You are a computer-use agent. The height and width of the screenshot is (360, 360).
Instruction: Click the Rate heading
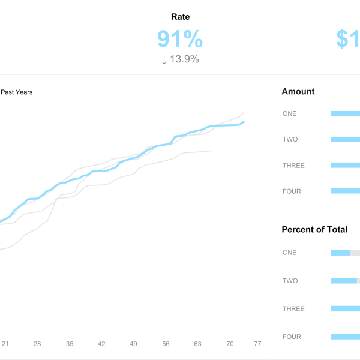(x=180, y=17)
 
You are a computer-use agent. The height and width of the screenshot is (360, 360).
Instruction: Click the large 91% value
(x=180, y=39)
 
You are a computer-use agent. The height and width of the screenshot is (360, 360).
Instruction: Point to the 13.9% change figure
(x=185, y=59)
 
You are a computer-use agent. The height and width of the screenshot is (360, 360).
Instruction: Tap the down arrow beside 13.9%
(x=164, y=59)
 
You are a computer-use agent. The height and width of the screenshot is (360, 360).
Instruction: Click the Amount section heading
(x=298, y=92)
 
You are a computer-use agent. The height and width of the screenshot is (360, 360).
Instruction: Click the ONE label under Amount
(x=289, y=113)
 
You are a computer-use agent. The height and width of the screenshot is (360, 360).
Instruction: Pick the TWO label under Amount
(x=290, y=139)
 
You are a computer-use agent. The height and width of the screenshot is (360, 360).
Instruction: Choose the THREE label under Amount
(x=293, y=166)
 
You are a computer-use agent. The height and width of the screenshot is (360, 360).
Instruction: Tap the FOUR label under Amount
(x=292, y=191)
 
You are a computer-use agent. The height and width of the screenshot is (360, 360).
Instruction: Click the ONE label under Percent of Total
(x=289, y=253)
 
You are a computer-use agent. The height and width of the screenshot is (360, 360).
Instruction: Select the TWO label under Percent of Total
(x=290, y=281)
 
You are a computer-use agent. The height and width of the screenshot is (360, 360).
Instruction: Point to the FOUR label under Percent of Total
(x=292, y=337)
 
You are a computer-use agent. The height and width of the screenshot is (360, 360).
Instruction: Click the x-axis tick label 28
(x=37, y=344)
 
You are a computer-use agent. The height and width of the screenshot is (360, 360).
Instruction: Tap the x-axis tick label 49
(x=134, y=344)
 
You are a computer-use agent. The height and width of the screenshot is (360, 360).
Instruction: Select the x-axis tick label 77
(x=257, y=344)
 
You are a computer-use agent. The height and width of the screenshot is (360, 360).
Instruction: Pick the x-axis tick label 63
(x=198, y=344)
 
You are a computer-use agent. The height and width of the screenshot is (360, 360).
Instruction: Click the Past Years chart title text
(x=16, y=92)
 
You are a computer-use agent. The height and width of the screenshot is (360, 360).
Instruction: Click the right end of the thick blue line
(x=244, y=122)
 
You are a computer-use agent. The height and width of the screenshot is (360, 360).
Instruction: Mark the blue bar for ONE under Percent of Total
(x=340, y=253)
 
